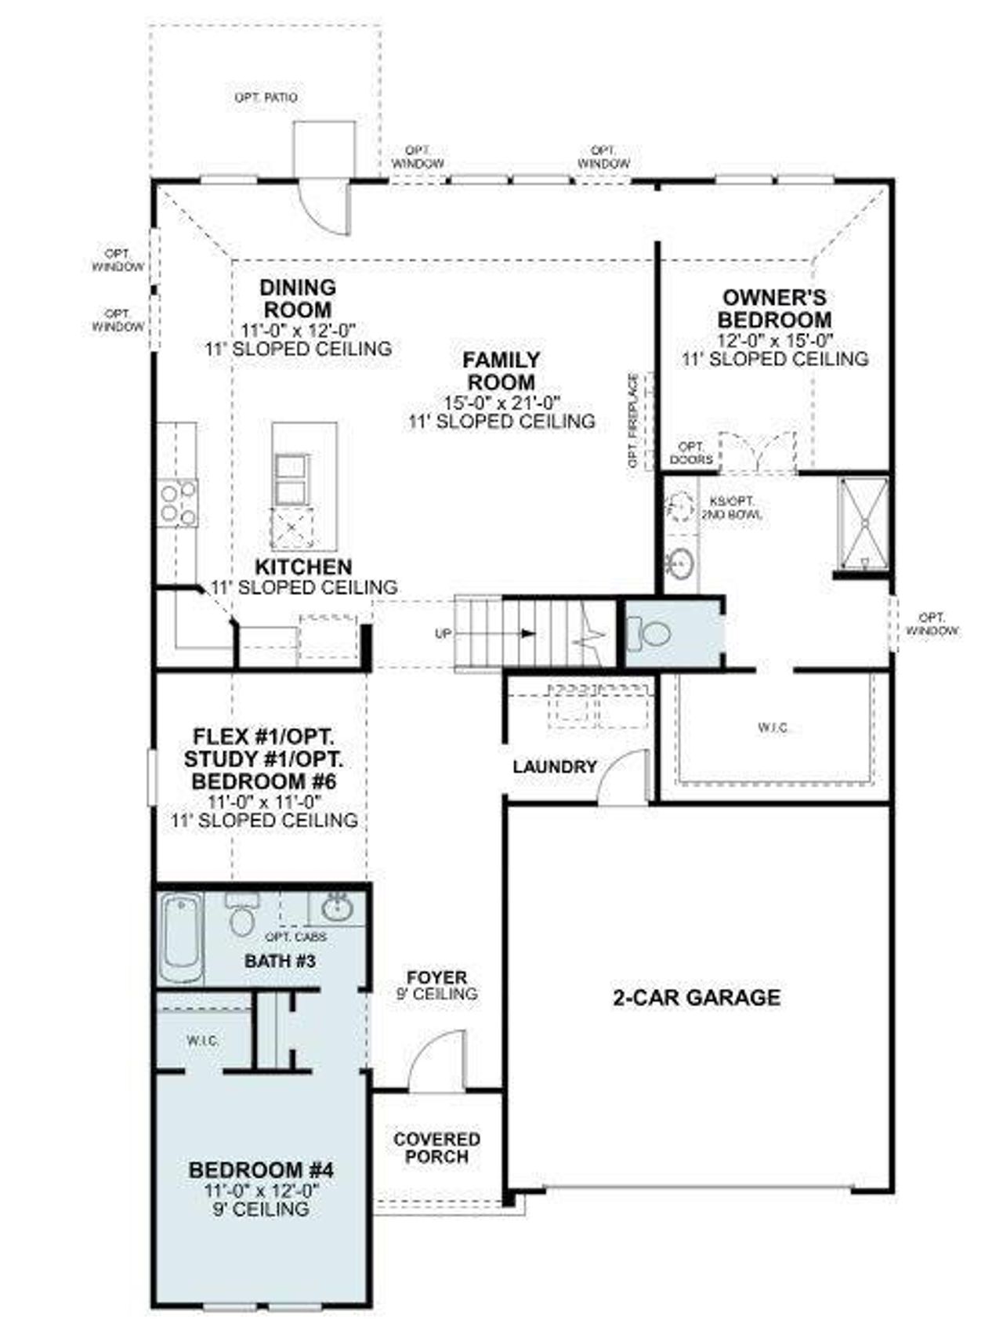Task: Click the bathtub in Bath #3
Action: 181,937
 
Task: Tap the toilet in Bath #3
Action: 242,917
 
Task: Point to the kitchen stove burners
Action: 178,503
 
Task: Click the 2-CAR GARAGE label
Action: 696,997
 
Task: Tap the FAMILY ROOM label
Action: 501,371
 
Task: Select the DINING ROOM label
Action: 298,299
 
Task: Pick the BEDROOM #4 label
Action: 261,1170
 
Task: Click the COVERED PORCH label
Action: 436,1147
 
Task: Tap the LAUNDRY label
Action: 555,766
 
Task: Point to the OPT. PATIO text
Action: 266,98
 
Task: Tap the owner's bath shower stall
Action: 864,523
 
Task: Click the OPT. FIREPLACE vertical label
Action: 634,421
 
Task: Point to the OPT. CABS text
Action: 295,937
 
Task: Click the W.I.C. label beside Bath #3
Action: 203,1041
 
